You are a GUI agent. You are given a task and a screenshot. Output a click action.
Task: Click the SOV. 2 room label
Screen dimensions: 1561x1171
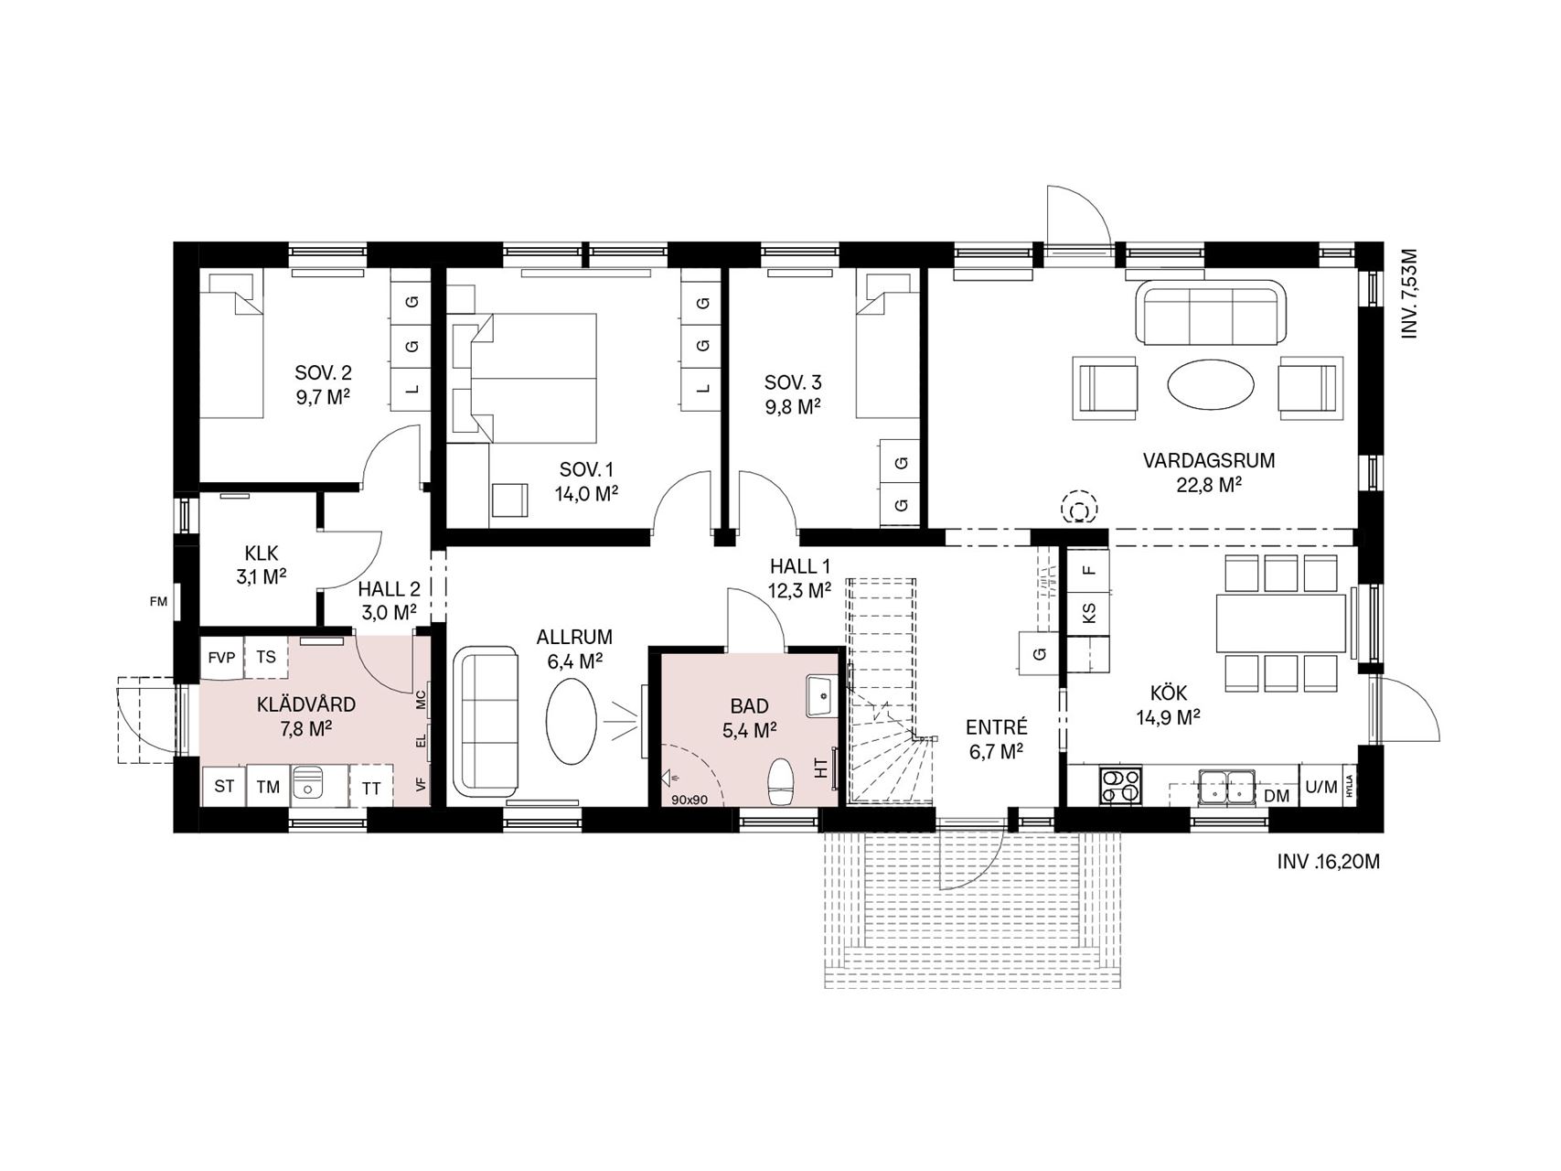[x=323, y=373]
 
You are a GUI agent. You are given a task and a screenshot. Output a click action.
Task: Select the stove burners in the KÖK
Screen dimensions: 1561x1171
[x=1120, y=786]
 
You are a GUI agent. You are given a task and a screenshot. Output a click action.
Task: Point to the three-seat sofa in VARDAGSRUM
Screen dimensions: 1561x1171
[x=1211, y=314]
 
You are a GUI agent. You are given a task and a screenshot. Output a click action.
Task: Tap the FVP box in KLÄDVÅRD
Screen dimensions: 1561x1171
[x=221, y=658]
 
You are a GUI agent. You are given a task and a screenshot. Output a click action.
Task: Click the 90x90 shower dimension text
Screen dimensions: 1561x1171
[x=690, y=799]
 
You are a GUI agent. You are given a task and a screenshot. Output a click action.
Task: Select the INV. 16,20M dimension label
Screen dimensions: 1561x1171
[x=1328, y=861]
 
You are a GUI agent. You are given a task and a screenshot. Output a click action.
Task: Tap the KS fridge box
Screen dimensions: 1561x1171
[x=1088, y=612]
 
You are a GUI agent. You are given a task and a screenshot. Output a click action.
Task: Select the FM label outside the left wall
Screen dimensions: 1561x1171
[x=159, y=601]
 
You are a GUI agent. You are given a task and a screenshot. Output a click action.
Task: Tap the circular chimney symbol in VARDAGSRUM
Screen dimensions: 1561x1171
[x=1080, y=508]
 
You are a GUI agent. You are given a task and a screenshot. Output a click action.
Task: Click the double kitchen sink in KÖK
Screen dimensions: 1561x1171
[x=1225, y=785]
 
